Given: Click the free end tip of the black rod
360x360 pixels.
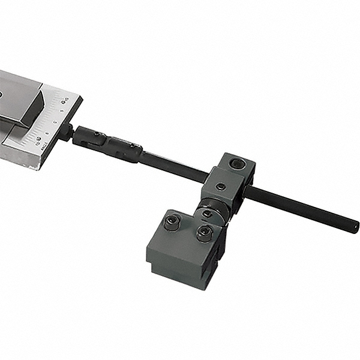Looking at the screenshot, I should [355, 227].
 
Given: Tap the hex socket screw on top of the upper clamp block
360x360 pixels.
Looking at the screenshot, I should [239, 164].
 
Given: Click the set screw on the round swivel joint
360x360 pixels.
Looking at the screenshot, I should [206, 214].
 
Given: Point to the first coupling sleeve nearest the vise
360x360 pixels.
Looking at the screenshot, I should [90, 139].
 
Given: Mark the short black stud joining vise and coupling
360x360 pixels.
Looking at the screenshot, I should [67, 131].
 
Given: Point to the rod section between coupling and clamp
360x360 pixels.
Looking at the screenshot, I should [174, 167].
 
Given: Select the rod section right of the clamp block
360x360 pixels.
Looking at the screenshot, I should [300, 209].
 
